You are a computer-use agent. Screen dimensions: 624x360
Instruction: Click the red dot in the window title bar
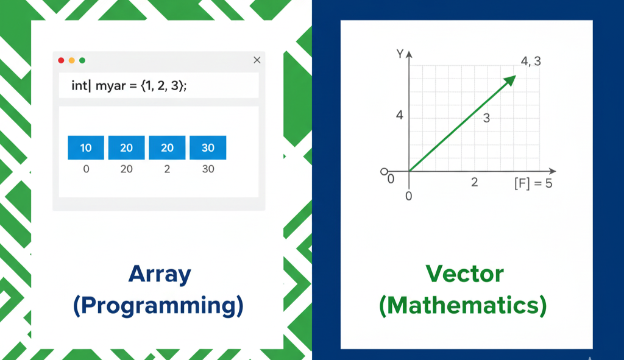pyautogui.click(x=61, y=60)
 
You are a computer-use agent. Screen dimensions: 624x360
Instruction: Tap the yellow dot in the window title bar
pyautogui.click(x=72, y=60)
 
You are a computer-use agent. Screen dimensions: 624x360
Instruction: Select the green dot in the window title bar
pyautogui.click(x=82, y=60)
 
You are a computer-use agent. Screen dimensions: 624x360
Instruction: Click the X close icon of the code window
pyautogui.click(x=257, y=60)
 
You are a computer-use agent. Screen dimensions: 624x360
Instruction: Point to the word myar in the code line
pyautogui.click(x=111, y=86)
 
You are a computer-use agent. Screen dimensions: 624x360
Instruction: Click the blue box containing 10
pyautogui.click(x=86, y=147)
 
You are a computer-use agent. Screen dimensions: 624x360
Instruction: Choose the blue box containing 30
pyautogui.click(x=208, y=147)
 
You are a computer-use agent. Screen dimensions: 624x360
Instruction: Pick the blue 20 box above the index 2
pyautogui.click(x=167, y=147)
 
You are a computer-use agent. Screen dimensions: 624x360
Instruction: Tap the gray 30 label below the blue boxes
pyautogui.click(x=208, y=169)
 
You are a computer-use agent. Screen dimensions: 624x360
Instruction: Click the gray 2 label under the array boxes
pyautogui.click(x=167, y=169)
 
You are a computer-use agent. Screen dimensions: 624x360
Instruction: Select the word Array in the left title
pyautogui.click(x=160, y=275)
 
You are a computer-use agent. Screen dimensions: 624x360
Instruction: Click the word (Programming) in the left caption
pyautogui.click(x=158, y=306)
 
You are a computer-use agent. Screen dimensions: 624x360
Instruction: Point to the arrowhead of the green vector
pyautogui.click(x=510, y=80)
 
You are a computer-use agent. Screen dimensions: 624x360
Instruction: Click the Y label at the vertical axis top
pyautogui.click(x=400, y=54)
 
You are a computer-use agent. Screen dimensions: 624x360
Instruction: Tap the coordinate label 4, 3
pyautogui.click(x=531, y=62)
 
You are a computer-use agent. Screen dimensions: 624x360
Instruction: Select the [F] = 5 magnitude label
pyautogui.click(x=533, y=183)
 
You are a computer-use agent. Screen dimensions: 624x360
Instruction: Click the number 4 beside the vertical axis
pyautogui.click(x=400, y=115)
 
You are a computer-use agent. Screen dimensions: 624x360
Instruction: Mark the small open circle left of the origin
pyautogui.click(x=384, y=171)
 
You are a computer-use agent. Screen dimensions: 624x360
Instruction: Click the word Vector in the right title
pyautogui.click(x=464, y=274)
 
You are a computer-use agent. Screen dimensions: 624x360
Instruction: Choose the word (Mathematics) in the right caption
pyautogui.click(x=463, y=306)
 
